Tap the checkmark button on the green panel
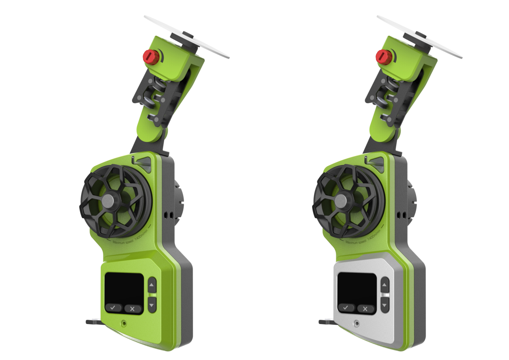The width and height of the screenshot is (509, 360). click(113, 308)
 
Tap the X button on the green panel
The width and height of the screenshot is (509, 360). click(133, 308)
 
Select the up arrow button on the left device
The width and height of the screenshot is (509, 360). click(152, 285)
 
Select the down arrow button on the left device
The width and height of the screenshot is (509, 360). click(152, 304)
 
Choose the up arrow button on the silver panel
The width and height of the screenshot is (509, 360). click(385, 285)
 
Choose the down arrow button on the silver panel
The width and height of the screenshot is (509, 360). click(385, 304)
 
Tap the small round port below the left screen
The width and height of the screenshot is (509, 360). click(124, 324)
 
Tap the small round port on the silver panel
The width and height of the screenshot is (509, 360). click(357, 324)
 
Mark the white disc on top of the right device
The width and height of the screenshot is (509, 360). click(421, 36)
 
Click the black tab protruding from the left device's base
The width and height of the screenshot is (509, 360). click(94, 322)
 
